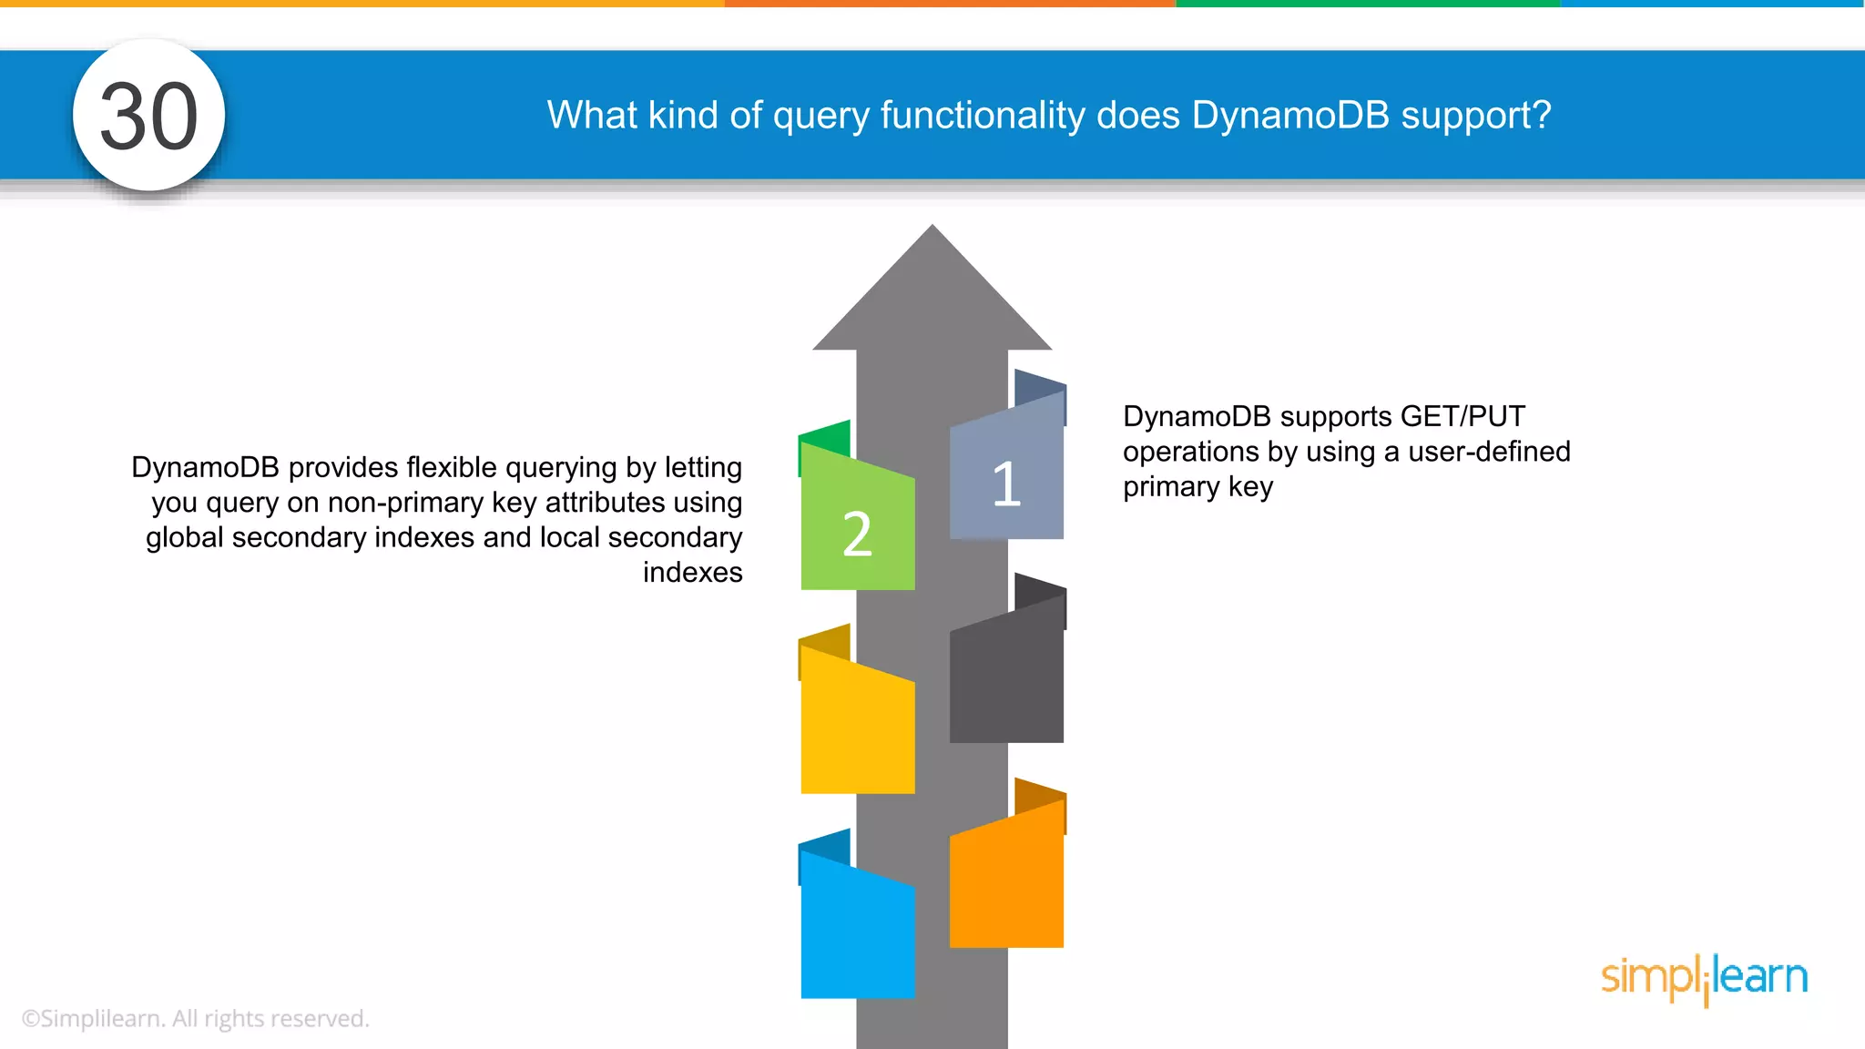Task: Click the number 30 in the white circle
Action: [x=148, y=117]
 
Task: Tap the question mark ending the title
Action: [x=1541, y=116]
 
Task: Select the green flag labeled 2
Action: [x=857, y=528]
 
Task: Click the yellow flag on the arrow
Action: [x=857, y=728]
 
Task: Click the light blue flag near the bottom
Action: [x=857, y=933]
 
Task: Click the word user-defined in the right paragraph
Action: [x=1489, y=452]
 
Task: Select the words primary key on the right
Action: [x=1197, y=487]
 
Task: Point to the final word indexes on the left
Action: [x=692, y=573]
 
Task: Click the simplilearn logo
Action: [x=1704, y=978]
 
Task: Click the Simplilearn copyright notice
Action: [x=195, y=1018]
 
